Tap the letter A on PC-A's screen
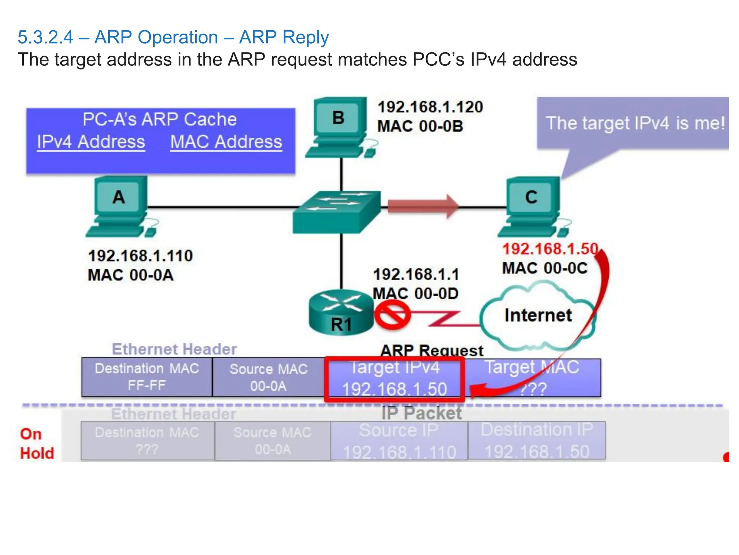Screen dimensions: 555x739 point(119,197)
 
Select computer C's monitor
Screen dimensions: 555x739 point(531,197)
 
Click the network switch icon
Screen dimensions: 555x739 point(336,212)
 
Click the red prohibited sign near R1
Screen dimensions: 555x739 point(392,315)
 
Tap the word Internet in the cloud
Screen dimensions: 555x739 point(538,315)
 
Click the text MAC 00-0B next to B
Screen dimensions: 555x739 point(420,126)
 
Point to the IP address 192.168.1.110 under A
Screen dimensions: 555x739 point(140,256)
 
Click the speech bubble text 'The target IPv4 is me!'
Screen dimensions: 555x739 point(635,123)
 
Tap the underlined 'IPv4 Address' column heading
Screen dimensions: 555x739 point(91,142)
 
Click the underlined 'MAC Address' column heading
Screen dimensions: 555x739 point(226,142)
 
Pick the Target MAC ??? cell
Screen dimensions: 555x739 point(533,378)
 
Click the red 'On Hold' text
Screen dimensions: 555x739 point(36,444)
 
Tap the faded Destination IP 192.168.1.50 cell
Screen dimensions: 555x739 point(537,441)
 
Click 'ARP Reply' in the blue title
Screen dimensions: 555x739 point(284,38)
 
